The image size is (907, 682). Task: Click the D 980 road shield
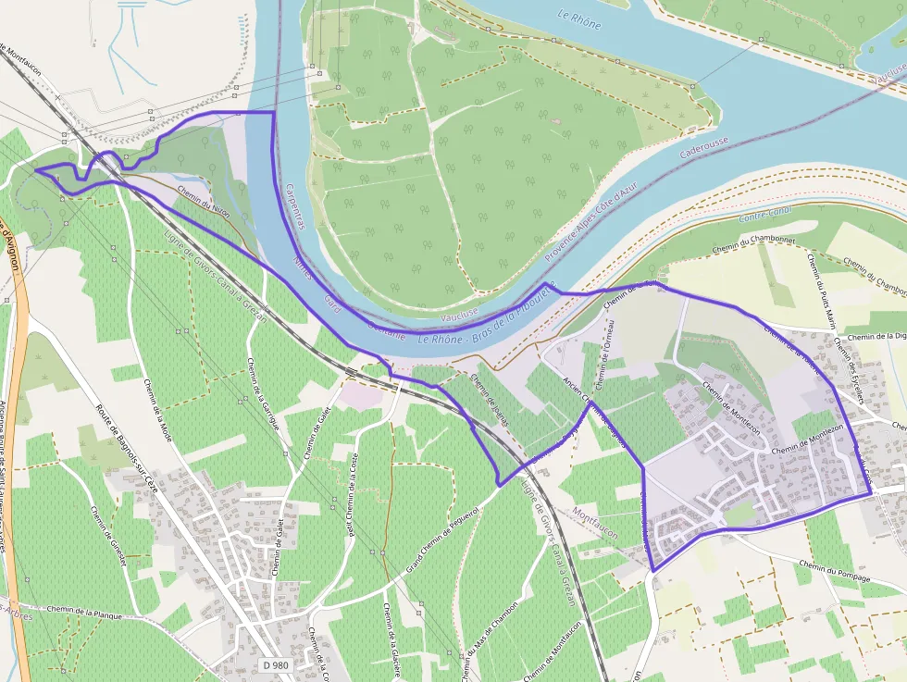(275, 665)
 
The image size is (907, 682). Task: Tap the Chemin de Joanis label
(490, 396)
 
